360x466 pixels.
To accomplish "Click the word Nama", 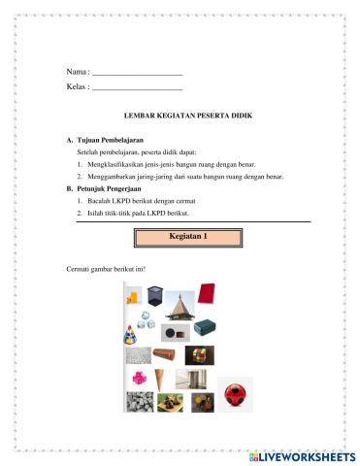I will pyautogui.click(x=75, y=73).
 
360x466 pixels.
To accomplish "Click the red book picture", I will pyautogui.click(x=207, y=293).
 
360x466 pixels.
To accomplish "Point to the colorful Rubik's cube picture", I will pyautogui.click(x=201, y=355).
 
